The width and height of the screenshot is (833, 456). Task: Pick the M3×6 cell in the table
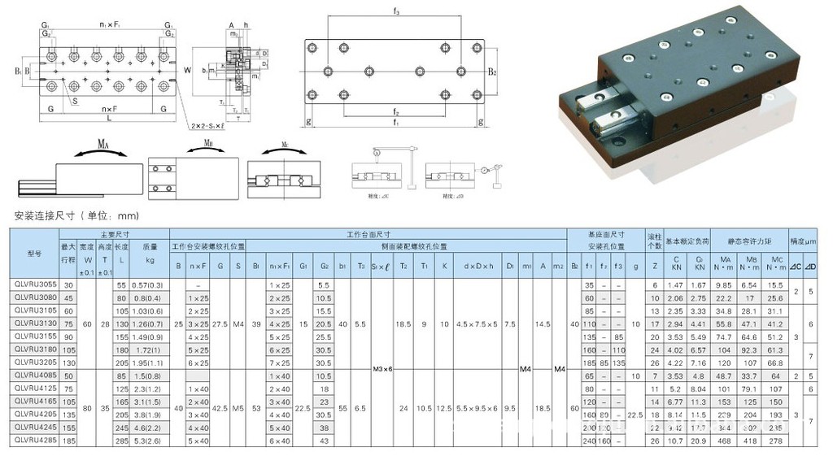382,369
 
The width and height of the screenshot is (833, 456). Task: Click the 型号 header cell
33,251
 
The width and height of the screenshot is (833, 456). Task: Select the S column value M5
238,402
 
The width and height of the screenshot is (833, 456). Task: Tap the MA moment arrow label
102,144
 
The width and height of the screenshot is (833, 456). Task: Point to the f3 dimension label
395,12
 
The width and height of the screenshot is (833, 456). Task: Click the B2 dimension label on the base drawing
493,72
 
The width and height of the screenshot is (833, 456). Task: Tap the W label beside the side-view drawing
187,70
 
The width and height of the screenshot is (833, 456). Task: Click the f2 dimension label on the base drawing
395,111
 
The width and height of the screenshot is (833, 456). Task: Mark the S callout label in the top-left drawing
75,102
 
